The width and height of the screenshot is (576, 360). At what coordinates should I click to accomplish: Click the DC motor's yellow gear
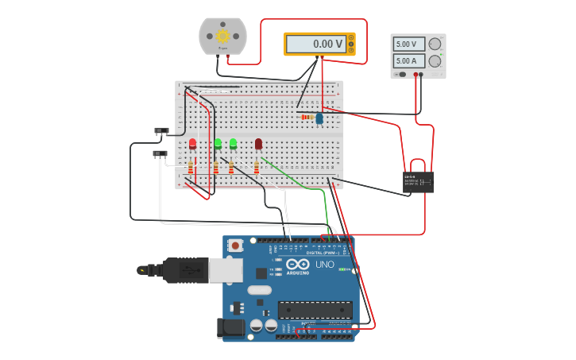tap(222, 36)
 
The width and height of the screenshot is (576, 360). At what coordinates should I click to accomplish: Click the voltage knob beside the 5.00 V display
tap(435, 45)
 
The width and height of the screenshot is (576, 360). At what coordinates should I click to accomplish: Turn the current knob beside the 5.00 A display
tap(435, 61)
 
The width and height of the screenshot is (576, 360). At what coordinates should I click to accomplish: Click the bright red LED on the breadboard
tap(192, 144)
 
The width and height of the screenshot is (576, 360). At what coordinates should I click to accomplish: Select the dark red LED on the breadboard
tap(258, 144)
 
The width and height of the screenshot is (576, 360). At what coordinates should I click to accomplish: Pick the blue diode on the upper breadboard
tap(319, 118)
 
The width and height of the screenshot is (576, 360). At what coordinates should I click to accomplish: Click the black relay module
tap(418, 182)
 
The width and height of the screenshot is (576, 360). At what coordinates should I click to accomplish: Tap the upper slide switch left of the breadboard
tap(161, 130)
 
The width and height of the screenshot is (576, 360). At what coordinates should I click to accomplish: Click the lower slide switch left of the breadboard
tap(160, 153)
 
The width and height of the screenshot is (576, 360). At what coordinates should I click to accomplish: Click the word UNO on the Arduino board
tap(325, 265)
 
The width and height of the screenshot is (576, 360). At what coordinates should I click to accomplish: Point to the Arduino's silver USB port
tap(226, 271)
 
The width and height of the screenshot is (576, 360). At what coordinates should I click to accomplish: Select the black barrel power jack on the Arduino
tap(232, 327)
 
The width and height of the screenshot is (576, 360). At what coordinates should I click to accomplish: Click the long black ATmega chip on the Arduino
tap(315, 310)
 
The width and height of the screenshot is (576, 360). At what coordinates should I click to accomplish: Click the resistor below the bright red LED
tap(191, 167)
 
